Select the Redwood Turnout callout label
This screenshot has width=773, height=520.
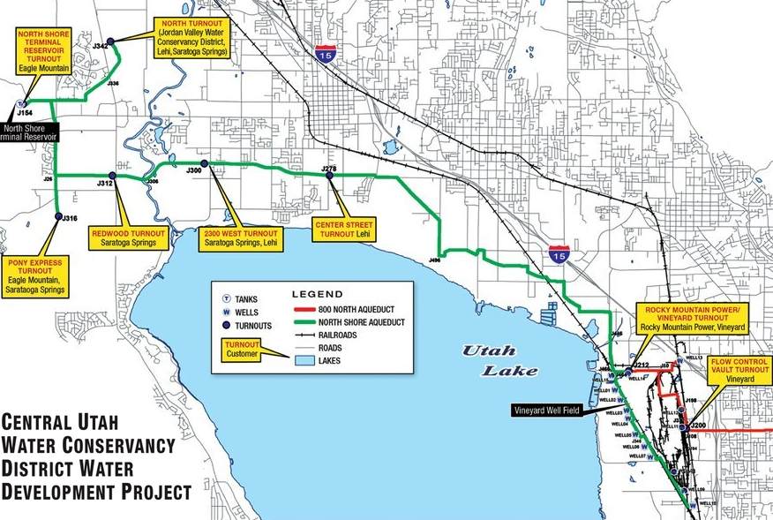click(128, 237)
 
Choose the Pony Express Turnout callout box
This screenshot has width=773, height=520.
click(34, 275)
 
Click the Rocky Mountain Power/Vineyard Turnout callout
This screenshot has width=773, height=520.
click(692, 316)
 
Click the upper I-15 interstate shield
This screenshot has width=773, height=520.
click(323, 54)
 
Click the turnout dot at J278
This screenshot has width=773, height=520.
click(329, 175)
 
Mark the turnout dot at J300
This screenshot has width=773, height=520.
click(204, 164)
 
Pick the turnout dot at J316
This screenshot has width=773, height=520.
click(58, 216)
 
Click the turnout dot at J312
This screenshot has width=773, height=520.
click(112, 176)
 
